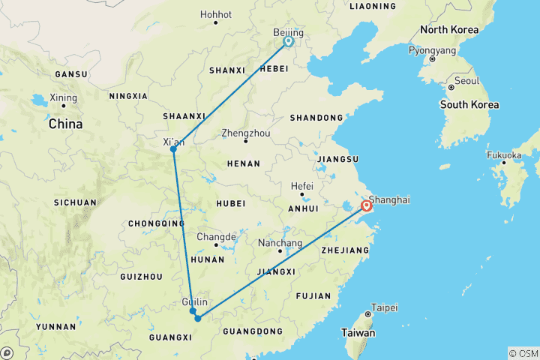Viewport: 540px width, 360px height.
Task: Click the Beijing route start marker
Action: click(x=289, y=42)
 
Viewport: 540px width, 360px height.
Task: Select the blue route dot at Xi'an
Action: click(x=173, y=149)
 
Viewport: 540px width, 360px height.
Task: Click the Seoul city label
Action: click(x=466, y=80)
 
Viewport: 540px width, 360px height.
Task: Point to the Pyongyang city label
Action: click(x=432, y=51)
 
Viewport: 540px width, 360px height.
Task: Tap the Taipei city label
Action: click(x=384, y=307)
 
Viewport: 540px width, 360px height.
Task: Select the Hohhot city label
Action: click(x=216, y=14)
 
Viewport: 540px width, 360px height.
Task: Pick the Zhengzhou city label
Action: click(x=244, y=133)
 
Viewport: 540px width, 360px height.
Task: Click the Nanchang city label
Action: click(x=279, y=243)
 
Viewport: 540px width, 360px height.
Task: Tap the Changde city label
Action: click(x=216, y=236)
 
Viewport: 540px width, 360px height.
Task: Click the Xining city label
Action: click(x=63, y=97)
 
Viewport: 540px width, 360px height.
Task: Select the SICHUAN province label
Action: click(x=75, y=202)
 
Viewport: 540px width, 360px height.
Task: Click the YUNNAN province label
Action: click(x=55, y=327)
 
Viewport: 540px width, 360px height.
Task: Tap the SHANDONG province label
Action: click(x=318, y=118)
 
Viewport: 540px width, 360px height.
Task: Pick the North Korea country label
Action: click(x=448, y=30)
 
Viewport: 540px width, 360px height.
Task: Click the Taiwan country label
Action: click(x=358, y=332)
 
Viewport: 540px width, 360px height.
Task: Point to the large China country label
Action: click(x=65, y=124)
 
